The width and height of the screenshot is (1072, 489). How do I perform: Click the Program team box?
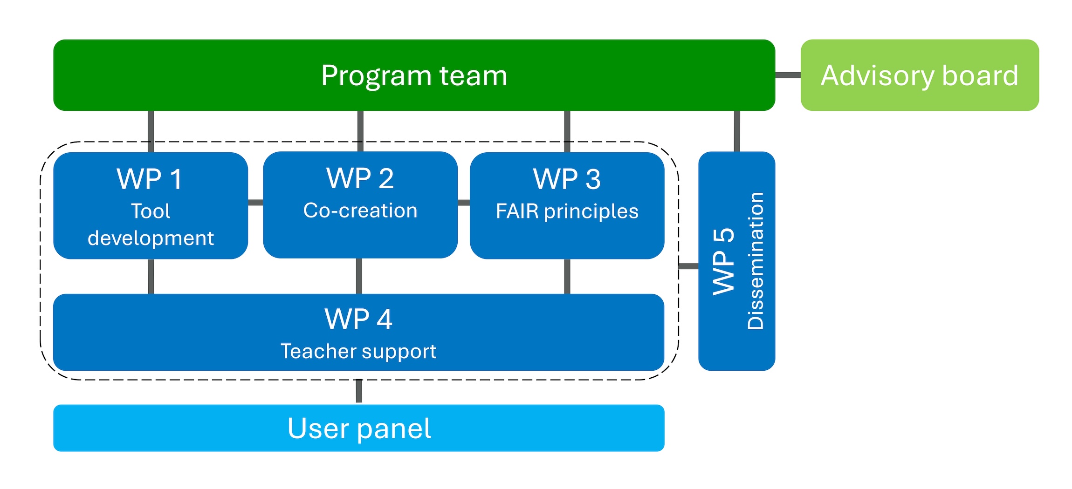pos(414,75)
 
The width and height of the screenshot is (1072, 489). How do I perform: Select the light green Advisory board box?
pos(919,75)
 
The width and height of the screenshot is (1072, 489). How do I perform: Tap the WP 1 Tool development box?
pos(151,206)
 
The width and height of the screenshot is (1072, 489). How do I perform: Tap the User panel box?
pos(359,428)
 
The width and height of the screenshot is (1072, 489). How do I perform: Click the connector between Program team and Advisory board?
pos(788,75)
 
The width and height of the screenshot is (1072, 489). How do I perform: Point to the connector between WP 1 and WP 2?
pos(255,202)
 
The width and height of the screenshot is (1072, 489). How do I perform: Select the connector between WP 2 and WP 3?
pos(464,202)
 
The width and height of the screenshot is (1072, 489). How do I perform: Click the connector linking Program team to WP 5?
pos(737,131)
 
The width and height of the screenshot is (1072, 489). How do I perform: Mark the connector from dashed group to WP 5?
pos(688,266)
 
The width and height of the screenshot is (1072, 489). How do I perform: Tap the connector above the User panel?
pos(359,391)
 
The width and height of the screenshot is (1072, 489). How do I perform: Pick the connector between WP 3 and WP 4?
pos(567,276)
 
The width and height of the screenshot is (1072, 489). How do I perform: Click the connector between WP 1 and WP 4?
pos(151,276)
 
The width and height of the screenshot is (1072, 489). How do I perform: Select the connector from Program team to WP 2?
pos(360,131)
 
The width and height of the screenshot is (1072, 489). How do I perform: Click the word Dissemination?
pos(756,261)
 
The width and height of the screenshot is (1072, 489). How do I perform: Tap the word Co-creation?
pos(360,211)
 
